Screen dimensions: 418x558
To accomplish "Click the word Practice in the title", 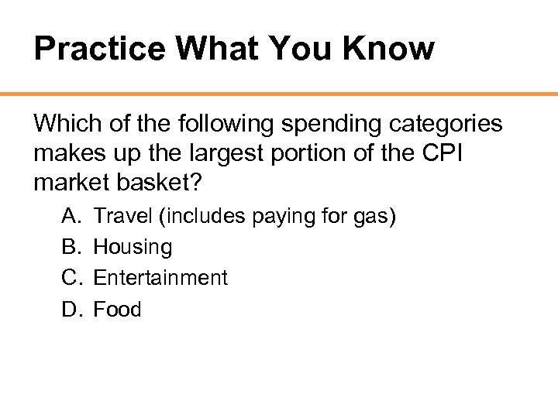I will click(99, 50).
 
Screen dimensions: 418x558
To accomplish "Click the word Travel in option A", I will click(122, 217).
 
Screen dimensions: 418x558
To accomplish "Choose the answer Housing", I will click(133, 248).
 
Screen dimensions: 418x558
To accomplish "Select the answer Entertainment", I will click(160, 278).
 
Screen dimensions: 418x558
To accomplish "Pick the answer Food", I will click(117, 310).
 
